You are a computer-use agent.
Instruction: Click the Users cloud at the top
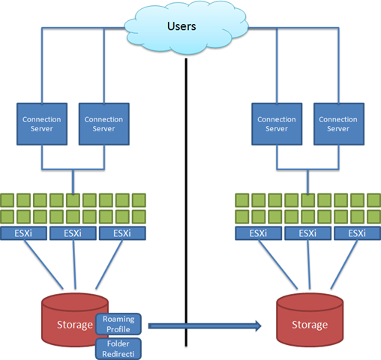pos(186,28)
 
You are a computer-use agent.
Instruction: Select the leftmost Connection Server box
pos(42,124)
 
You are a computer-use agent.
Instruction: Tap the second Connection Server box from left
pos(104,124)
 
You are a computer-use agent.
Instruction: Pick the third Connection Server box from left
pos(277,124)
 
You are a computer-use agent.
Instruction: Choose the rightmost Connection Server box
pos(339,124)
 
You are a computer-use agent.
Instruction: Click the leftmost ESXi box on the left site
pos(23,233)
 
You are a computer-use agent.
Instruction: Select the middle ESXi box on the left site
pos(73,233)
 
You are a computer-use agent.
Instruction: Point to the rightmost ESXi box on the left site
pos(122,233)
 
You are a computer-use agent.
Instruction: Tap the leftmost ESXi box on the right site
pos(258,233)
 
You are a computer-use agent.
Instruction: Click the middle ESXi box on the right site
pos(307,233)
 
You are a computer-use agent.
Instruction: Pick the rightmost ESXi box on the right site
pos(358,233)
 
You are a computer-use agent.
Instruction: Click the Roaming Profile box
pos(118,324)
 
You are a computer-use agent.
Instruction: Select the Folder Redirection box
pos(118,349)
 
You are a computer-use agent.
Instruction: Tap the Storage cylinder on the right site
pos(310,320)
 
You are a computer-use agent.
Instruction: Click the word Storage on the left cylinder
pos(75,325)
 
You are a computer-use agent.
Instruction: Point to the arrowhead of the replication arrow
pos(258,325)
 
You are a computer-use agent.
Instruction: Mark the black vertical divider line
pos(186,202)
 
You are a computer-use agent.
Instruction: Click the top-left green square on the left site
pos(7,200)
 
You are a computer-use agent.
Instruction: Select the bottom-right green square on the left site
pos(139,217)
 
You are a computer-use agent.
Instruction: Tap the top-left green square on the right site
pos(242,200)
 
